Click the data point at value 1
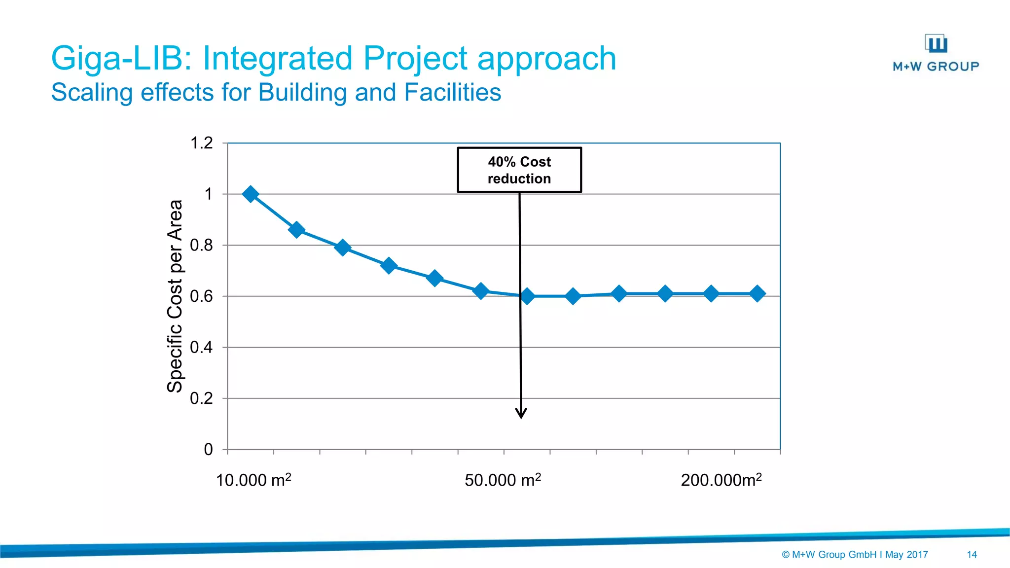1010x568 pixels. coord(251,194)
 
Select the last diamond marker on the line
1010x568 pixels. coord(757,293)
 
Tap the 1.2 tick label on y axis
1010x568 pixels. coord(201,143)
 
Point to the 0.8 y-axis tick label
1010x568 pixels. coord(201,245)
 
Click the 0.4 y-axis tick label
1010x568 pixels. coord(201,347)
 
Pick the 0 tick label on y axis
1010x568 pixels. coord(208,449)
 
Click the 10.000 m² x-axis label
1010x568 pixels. coord(253,480)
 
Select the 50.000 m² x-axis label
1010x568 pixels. coord(503,480)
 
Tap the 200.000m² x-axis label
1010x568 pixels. coord(721,480)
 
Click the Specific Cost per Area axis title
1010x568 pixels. coord(175,296)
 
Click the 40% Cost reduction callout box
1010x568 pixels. coord(519,170)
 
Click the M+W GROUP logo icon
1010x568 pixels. coord(936,43)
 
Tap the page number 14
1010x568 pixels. coord(972,555)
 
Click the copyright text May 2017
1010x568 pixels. coord(906,555)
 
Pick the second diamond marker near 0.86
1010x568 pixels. coord(296,230)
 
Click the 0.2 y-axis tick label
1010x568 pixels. coord(201,398)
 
